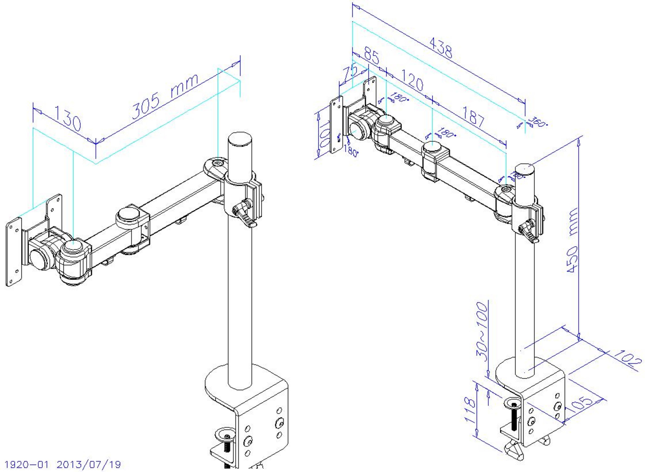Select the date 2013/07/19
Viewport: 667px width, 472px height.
tap(88, 464)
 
